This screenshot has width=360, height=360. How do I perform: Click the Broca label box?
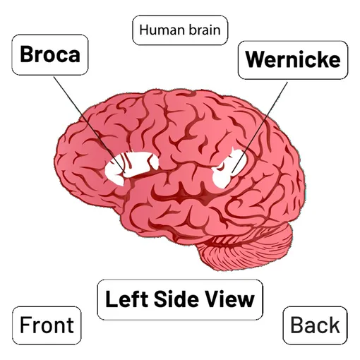coord(50,55)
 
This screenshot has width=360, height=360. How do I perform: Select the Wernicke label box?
coord(293,60)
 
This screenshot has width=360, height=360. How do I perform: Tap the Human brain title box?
coord(180,30)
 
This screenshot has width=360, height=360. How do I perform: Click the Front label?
coord(47,325)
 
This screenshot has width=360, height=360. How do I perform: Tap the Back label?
coord(316,325)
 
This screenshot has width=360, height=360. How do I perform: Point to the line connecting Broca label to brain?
coord(89,125)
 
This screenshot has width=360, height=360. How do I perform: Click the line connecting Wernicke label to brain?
coord(260,128)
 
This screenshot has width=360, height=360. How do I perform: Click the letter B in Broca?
coord(26,54)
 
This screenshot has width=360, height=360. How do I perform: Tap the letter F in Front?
coord(25,325)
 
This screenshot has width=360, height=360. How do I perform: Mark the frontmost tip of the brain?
coord(54,162)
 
